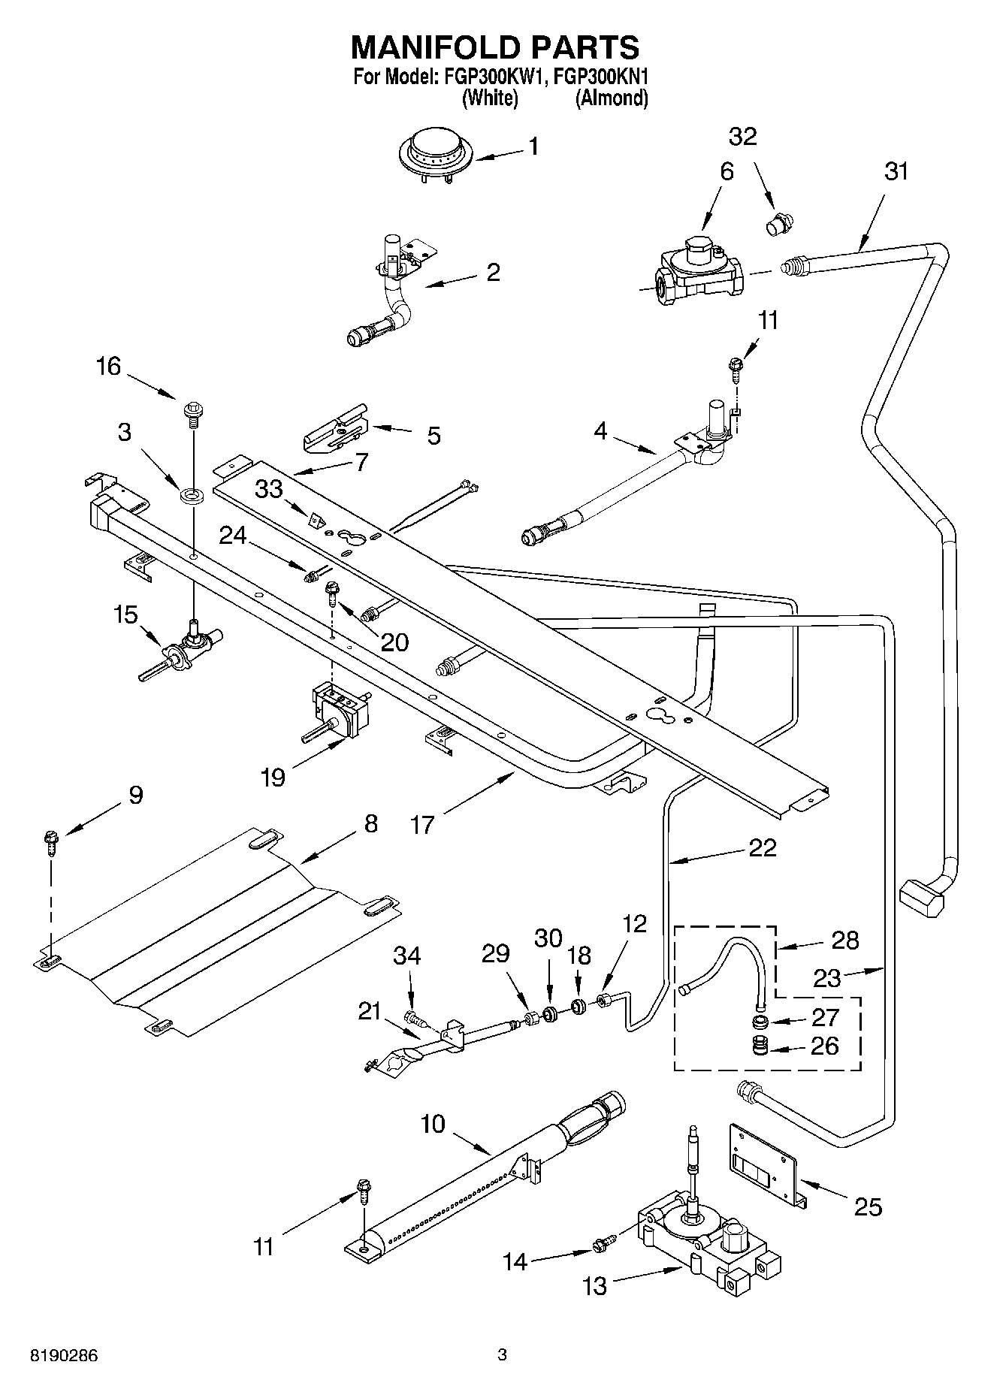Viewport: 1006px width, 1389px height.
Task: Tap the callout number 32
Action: coord(742,137)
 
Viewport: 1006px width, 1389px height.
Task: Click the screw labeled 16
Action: coord(192,412)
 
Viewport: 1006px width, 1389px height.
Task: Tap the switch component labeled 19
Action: coord(340,710)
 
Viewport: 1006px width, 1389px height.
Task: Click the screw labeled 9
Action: coord(52,841)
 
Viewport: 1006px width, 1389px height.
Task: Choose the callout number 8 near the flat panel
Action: coord(370,824)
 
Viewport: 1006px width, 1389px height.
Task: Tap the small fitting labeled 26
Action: coord(761,1046)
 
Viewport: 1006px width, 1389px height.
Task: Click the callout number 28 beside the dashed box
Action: coord(845,940)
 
